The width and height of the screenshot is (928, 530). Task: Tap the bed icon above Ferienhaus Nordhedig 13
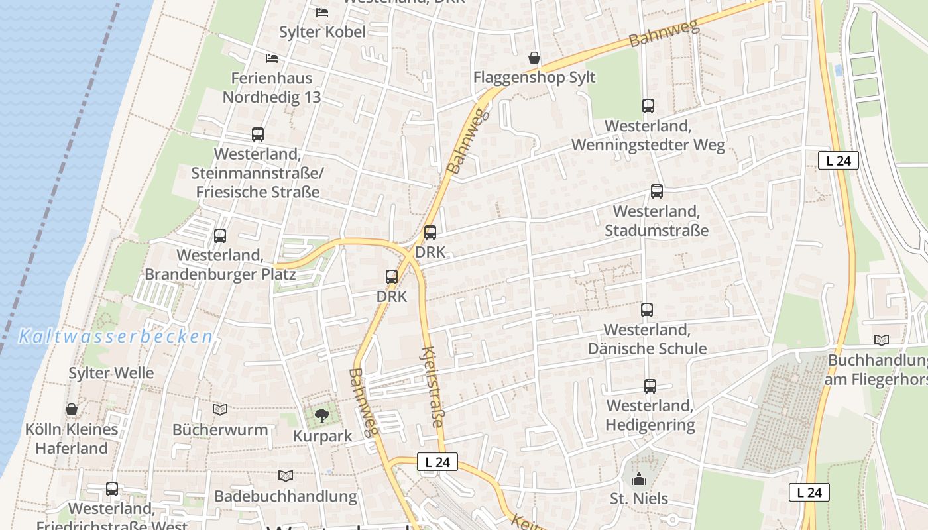(272, 58)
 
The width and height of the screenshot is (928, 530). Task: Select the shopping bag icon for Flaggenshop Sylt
(534, 58)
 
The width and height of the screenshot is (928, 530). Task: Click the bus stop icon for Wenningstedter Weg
(648, 106)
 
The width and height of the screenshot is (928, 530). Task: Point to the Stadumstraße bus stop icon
(656, 191)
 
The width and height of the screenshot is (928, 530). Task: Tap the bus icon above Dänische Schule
(646, 309)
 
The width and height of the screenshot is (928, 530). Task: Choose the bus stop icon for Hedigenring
(650, 386)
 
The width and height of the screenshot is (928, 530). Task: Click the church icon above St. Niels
(639, 479)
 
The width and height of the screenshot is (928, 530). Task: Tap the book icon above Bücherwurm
(220, 409)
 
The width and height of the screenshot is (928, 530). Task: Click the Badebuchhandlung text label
(285, 496)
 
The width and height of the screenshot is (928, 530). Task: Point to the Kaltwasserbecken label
(115, 337)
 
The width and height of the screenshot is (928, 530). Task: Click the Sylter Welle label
(111, 373)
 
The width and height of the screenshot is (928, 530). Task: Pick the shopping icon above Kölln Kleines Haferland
(72, 409)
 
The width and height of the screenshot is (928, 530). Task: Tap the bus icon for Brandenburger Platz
(220, 235)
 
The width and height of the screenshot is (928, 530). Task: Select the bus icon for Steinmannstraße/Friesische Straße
(258, 134)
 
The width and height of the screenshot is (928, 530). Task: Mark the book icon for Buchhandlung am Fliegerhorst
(882, 340)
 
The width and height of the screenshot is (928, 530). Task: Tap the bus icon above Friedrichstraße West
(112, 489)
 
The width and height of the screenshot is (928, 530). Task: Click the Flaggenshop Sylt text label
(534, 78)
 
